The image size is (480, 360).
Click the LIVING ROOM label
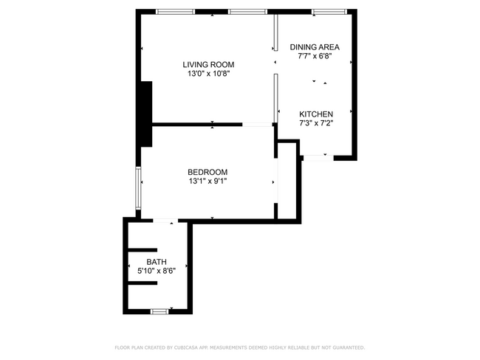pos(208,64)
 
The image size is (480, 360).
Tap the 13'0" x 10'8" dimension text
pos(208,74)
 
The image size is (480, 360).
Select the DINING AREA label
pos(315,47)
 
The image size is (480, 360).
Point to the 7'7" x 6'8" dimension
pos(315,56)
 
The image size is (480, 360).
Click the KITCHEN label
pos(316,114)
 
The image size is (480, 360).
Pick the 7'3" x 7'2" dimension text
pos(316,123)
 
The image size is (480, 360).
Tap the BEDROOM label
pos(208,172)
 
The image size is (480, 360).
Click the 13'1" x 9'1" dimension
pos(208,181)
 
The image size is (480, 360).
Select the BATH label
pos(157,262)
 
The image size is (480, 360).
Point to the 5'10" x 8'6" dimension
pos(157,271)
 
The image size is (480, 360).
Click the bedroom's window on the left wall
pos(138,188)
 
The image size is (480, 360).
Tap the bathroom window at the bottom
pos(160,311)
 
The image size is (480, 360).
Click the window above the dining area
pos(329,12)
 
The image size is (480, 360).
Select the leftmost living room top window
pos(175,12)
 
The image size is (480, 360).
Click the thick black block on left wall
pos(146,114)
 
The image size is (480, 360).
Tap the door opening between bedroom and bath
pos(165,221)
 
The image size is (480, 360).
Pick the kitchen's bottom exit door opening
pos(318,158)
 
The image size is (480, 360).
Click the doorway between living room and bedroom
pos(258,125)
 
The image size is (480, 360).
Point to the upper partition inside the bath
pos(143,250)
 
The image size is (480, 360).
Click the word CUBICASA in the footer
pos(186,347)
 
